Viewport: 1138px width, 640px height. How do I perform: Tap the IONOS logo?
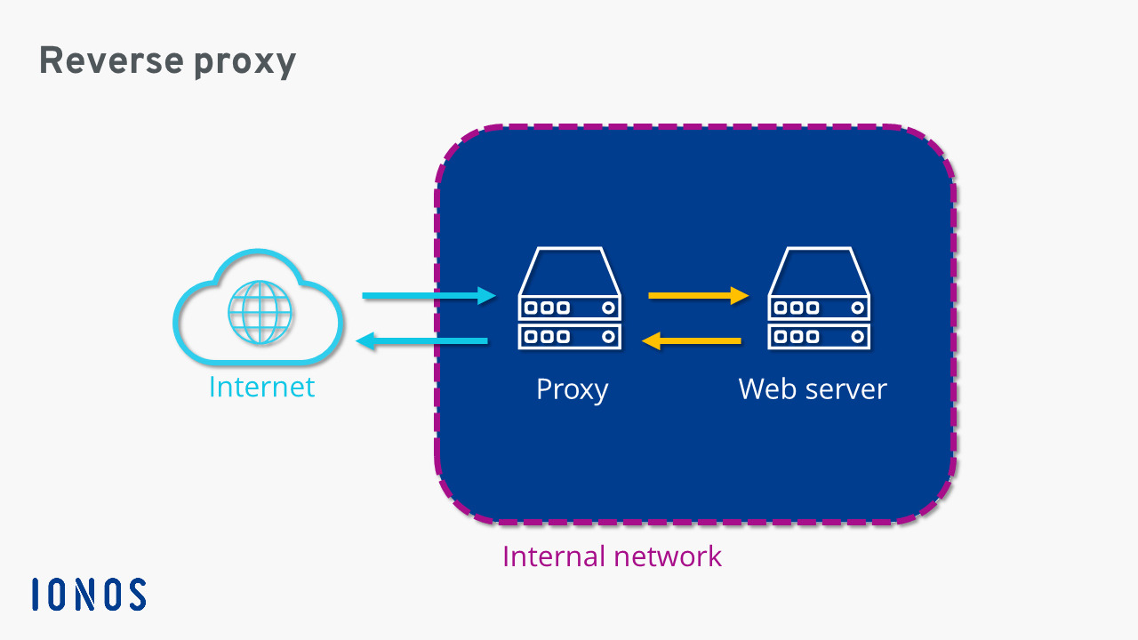(x=89, y=595)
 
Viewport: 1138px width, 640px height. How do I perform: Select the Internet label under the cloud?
(x=261, y=388)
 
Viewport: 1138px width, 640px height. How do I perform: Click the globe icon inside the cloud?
(x=260, y=313)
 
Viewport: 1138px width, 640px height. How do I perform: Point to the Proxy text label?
(x=572, y=389)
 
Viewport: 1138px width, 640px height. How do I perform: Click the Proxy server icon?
(x=570, y=298)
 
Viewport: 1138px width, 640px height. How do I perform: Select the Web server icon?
(x=819, y=298)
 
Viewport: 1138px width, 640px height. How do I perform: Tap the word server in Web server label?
(x=846, y=389)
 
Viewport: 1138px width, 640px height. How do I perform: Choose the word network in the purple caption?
(x=668, y=556)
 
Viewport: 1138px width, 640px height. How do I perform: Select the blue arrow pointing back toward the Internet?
(x=421, y=340)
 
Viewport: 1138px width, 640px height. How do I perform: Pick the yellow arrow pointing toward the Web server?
(x=699, y=295)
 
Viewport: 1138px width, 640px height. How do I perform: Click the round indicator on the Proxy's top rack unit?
(x=608, y=308)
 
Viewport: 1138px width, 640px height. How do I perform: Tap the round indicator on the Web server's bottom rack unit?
(x=857, y=337)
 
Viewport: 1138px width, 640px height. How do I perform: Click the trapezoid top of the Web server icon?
(x=819, y=270)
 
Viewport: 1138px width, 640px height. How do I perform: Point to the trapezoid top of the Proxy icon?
(x=570, y=270)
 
